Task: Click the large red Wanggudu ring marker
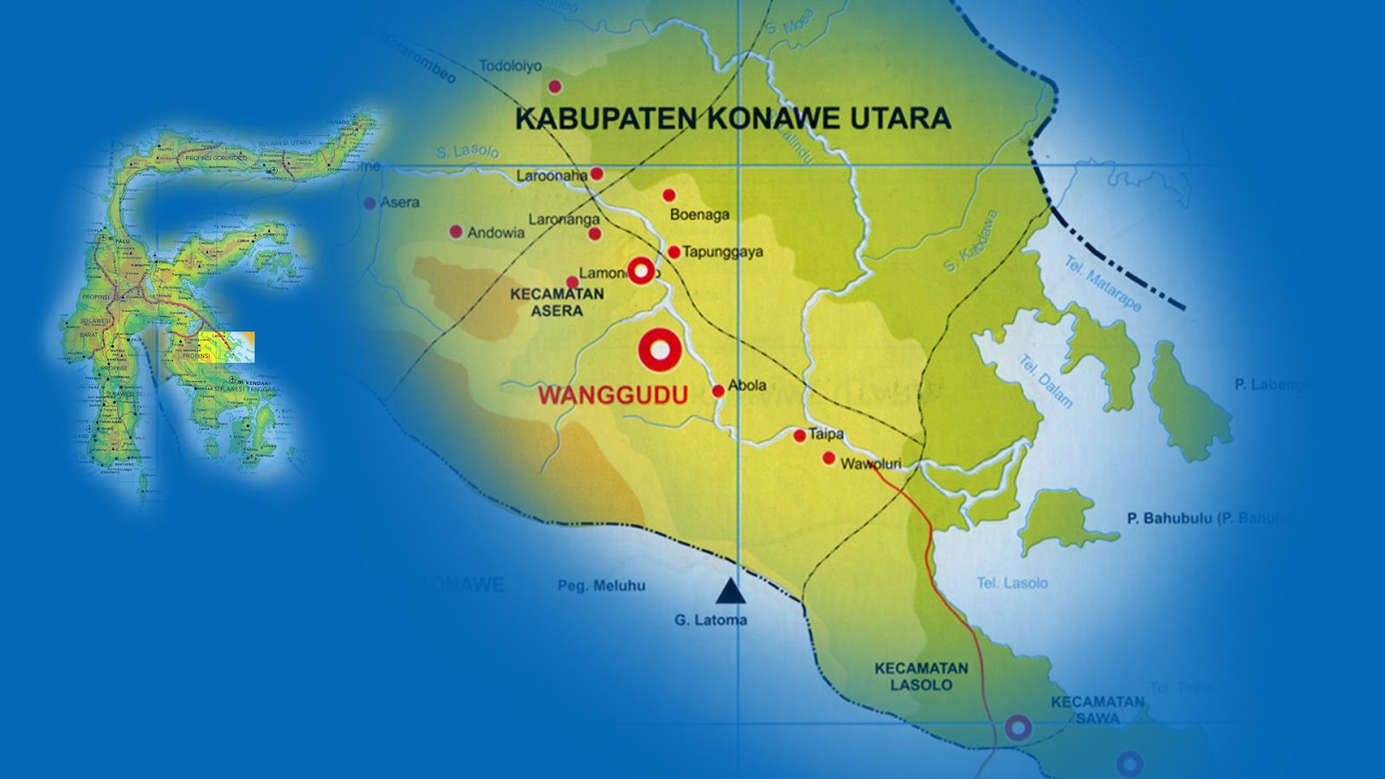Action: pos(660,351)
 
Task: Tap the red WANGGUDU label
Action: pos(613,396)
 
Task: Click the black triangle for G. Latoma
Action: pos(731,592)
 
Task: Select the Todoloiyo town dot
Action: pos(555,87)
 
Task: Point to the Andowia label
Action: pos(496,233)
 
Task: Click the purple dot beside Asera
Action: pos(370,203)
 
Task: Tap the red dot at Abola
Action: pos(718,391)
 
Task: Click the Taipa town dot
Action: pos(799,436)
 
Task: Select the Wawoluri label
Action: pos(871,464)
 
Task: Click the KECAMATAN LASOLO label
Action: pos(921,677)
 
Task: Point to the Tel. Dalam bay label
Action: pos(1046,382)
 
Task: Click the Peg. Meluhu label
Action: pos(602,586)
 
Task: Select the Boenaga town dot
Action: pos(668,196)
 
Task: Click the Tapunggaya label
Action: pos(723,252)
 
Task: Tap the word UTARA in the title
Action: pos(899,119)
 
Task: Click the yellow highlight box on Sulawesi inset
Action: pos(226,346)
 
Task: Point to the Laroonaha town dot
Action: pos(596,174)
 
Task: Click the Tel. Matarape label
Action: pos(1103,285)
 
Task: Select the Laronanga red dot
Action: pos(594,234)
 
